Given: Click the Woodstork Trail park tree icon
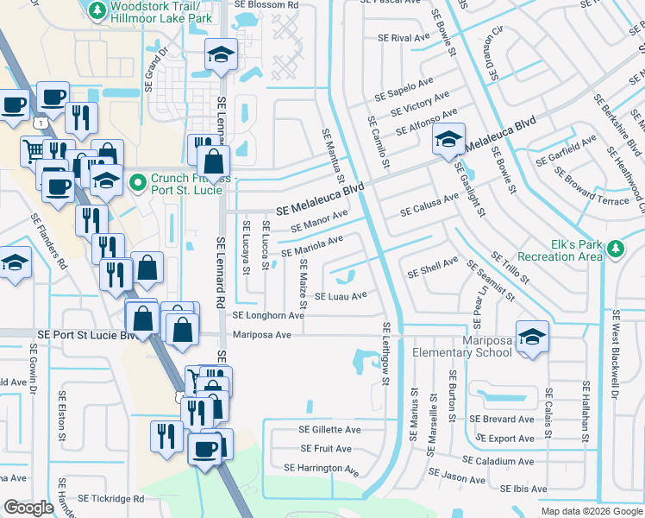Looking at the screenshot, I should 97,9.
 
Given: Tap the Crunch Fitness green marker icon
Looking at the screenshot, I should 137,182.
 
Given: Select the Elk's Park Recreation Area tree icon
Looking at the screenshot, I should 614,249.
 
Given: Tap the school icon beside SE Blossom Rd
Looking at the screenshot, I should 220,55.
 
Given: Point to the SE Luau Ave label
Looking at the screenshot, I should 341,296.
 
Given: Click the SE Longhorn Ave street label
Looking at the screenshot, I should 268,316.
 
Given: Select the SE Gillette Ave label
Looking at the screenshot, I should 329,429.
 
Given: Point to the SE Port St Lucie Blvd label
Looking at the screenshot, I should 87,334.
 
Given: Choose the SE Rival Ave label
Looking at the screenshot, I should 404,38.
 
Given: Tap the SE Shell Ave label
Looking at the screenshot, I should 433,268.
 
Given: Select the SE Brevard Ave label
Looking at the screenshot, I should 502,419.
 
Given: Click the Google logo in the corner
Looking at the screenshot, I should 29,508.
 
